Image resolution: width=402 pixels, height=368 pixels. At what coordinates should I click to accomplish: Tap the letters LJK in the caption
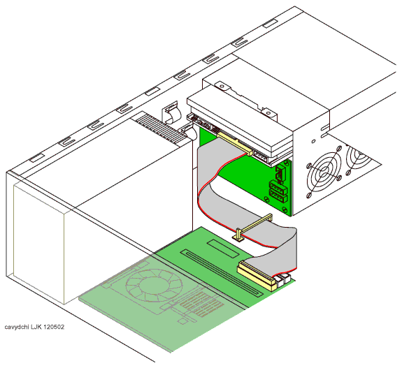(x=36, y=327)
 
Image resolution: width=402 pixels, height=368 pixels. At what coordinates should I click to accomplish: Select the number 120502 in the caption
(x=53, y=327)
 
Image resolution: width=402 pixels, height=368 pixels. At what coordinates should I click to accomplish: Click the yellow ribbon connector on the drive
(x=235, y=144)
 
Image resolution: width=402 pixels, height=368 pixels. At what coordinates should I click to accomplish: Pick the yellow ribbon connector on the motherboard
(x=257, y=275)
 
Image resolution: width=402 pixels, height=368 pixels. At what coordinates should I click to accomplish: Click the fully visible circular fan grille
(x=324, y=172)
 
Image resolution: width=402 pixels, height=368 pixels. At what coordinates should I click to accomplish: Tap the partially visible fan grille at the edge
(x=359, y=159)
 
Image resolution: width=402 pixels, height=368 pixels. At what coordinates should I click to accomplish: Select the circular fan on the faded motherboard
(x=154, y=285)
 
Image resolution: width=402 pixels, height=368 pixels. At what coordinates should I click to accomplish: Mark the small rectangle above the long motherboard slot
(x=223, y=249)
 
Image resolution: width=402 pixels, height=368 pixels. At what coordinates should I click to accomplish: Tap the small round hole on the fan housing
(x=313, y=141)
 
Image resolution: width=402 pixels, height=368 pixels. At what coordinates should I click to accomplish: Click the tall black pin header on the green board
(x=280, y=174)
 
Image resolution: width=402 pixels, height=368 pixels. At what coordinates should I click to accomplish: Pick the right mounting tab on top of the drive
(x=268, y=113)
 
